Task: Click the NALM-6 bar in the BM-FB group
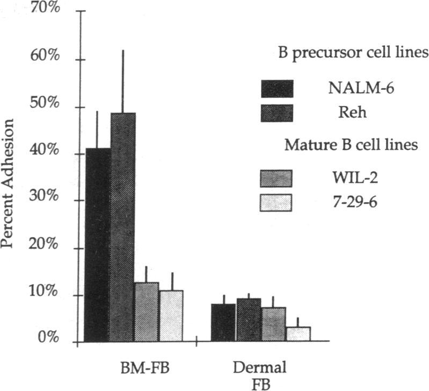(97, 245)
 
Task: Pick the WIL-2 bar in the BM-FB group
(147, 312)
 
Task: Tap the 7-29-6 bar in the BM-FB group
(171, 316)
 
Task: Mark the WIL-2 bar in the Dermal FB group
(273, 324)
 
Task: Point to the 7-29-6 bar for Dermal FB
(298, 334)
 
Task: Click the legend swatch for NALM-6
(277, 88)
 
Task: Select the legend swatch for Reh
(277, 113)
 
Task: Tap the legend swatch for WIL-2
(276, 178)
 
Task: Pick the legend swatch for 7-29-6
(276, 203)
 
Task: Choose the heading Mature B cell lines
(351, 145)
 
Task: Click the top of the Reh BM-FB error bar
(122, 51)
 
